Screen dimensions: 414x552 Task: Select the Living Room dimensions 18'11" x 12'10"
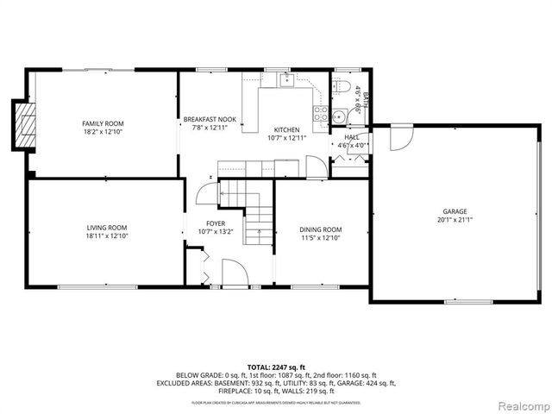click(107, 235)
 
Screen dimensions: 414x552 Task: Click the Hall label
click(352, 137)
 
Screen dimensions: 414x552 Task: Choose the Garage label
click(455, 210)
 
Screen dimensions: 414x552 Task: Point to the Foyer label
click(216, 223)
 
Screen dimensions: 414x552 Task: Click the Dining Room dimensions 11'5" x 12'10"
click(321, 237)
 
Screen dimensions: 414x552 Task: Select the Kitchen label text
click(286, 129)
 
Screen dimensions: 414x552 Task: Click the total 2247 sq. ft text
click(275, 367)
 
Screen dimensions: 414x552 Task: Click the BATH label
click(366, 97)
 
